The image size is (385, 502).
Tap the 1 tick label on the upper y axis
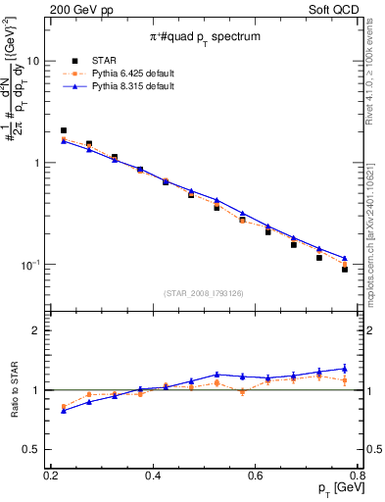(x=40, y=163)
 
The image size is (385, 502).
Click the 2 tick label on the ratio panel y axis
(x=40, y=331)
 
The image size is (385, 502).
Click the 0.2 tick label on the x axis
(x=51, y=476)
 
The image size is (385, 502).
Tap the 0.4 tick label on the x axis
(x=153, y=476)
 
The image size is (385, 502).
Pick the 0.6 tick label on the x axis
(x=256, y=476)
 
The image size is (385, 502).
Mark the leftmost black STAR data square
(x=64, y=130)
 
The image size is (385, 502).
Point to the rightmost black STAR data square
(x=345, y=269)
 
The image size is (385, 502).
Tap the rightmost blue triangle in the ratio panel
(x=345, y=369)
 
